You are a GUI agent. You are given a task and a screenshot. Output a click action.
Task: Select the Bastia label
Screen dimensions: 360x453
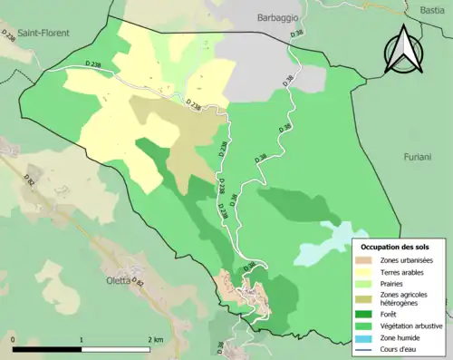point(433,8)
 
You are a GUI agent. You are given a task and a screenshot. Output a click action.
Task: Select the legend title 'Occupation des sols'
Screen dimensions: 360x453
point(395,247)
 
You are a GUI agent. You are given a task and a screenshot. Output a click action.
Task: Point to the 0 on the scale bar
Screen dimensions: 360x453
point(13,339)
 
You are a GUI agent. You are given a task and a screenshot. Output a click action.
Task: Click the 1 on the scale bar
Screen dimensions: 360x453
point(82,339)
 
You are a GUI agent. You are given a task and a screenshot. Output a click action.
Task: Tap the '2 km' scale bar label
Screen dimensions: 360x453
point(155,339)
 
